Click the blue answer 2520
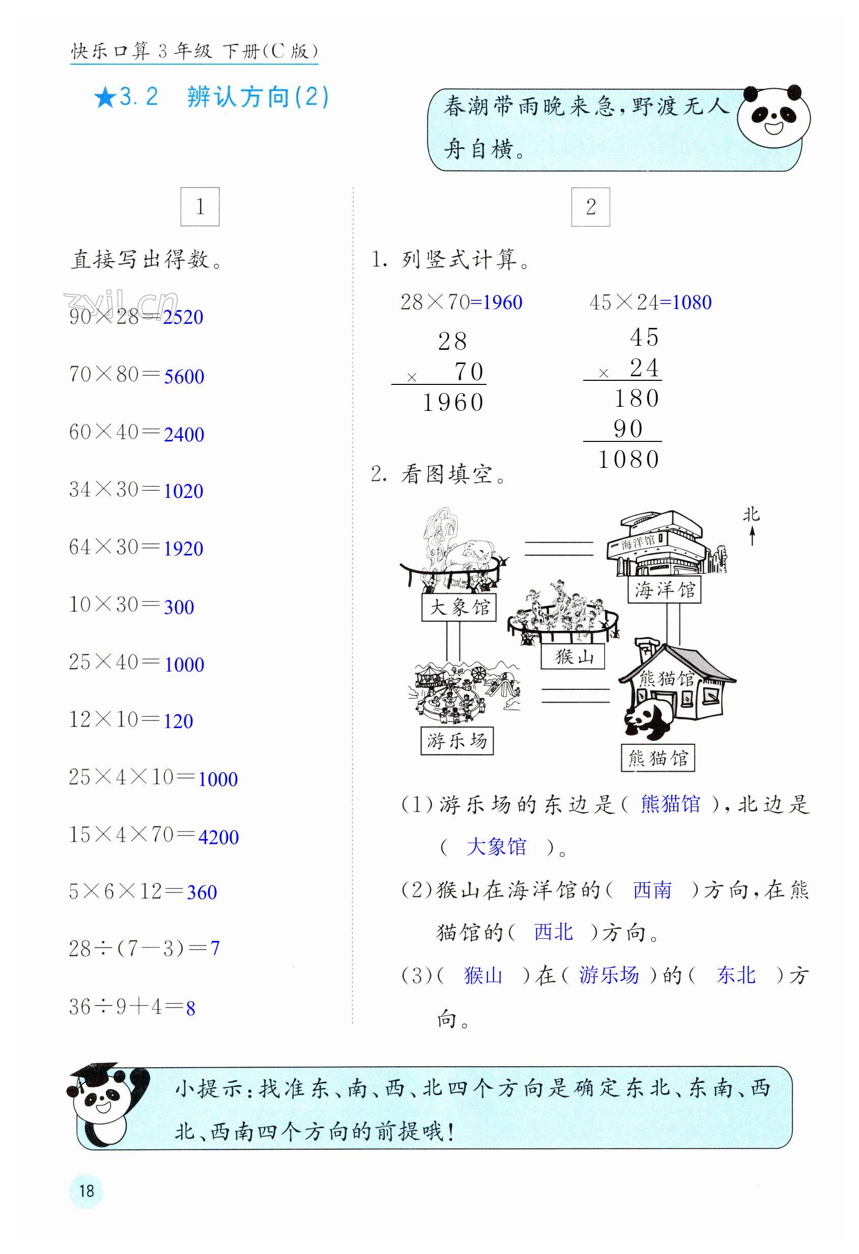(x=183, y=317)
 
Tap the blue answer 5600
(x=184, y=377)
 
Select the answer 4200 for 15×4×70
(x=218, y=837)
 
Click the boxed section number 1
(x=200, y=207)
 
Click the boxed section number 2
(x=590, y=207)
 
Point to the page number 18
(x=87, y=1190)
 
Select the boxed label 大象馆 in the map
(x=459, y=607)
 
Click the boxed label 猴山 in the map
(x=572, y=657)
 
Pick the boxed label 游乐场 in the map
(x=457, y=740)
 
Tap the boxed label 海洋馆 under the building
(x=664, y=590)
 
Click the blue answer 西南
(x=652, y=890)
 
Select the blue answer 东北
(x=735, y=975)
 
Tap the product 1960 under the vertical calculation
(x=453, y=403)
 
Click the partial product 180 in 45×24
(x=637, y=399)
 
